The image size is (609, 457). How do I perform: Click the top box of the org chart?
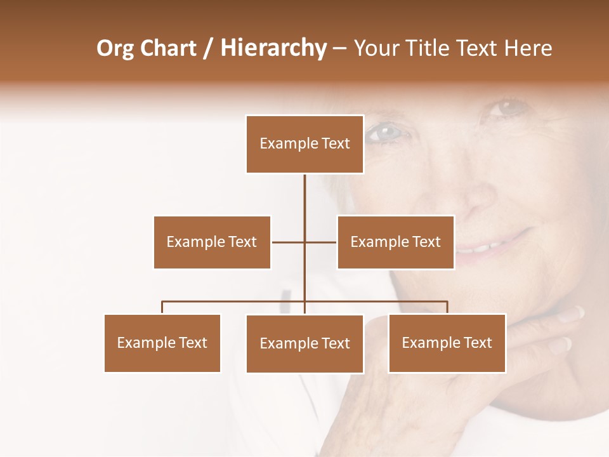point(304,144)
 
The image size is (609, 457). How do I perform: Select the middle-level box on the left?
point(212,242)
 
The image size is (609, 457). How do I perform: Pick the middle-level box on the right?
point(395,242)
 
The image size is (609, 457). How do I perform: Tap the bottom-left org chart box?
point(162,343)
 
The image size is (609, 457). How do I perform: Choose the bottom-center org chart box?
point(304,343)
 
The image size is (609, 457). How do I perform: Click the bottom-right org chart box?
point(447,343)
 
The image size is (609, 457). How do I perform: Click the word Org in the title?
point(114,48)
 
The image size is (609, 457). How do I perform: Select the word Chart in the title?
point(168,48)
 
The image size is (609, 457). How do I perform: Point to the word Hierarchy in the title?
point(273,48)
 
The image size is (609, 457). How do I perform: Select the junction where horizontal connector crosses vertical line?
point(304,242)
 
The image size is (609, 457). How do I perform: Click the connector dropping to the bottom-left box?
point(162,307)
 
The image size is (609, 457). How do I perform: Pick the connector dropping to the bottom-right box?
point(447,307)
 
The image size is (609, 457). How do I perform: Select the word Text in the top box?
point(336,144)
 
